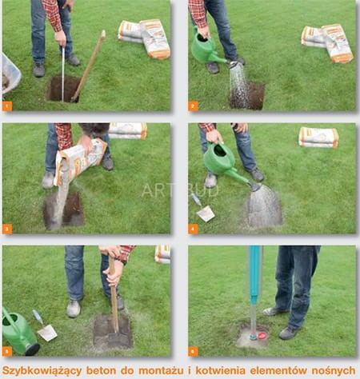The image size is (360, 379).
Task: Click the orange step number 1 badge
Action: pos(7,106)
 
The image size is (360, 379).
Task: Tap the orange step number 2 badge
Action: pos(193,106)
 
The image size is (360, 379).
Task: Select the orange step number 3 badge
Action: pos(7,229)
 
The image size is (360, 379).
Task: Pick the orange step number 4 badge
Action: pos(193,229)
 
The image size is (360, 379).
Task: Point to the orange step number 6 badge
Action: pos(193,351)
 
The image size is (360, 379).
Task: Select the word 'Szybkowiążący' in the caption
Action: pos(42,371)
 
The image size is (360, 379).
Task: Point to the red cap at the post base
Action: pos(262,336)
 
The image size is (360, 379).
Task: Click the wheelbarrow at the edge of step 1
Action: pos(10,74)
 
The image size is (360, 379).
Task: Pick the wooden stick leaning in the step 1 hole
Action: pos(88,66)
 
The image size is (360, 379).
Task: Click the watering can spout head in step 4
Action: pos(254,186)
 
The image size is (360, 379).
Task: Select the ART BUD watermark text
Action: pos(180,190)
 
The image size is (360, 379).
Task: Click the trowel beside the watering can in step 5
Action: pos(45,326)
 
